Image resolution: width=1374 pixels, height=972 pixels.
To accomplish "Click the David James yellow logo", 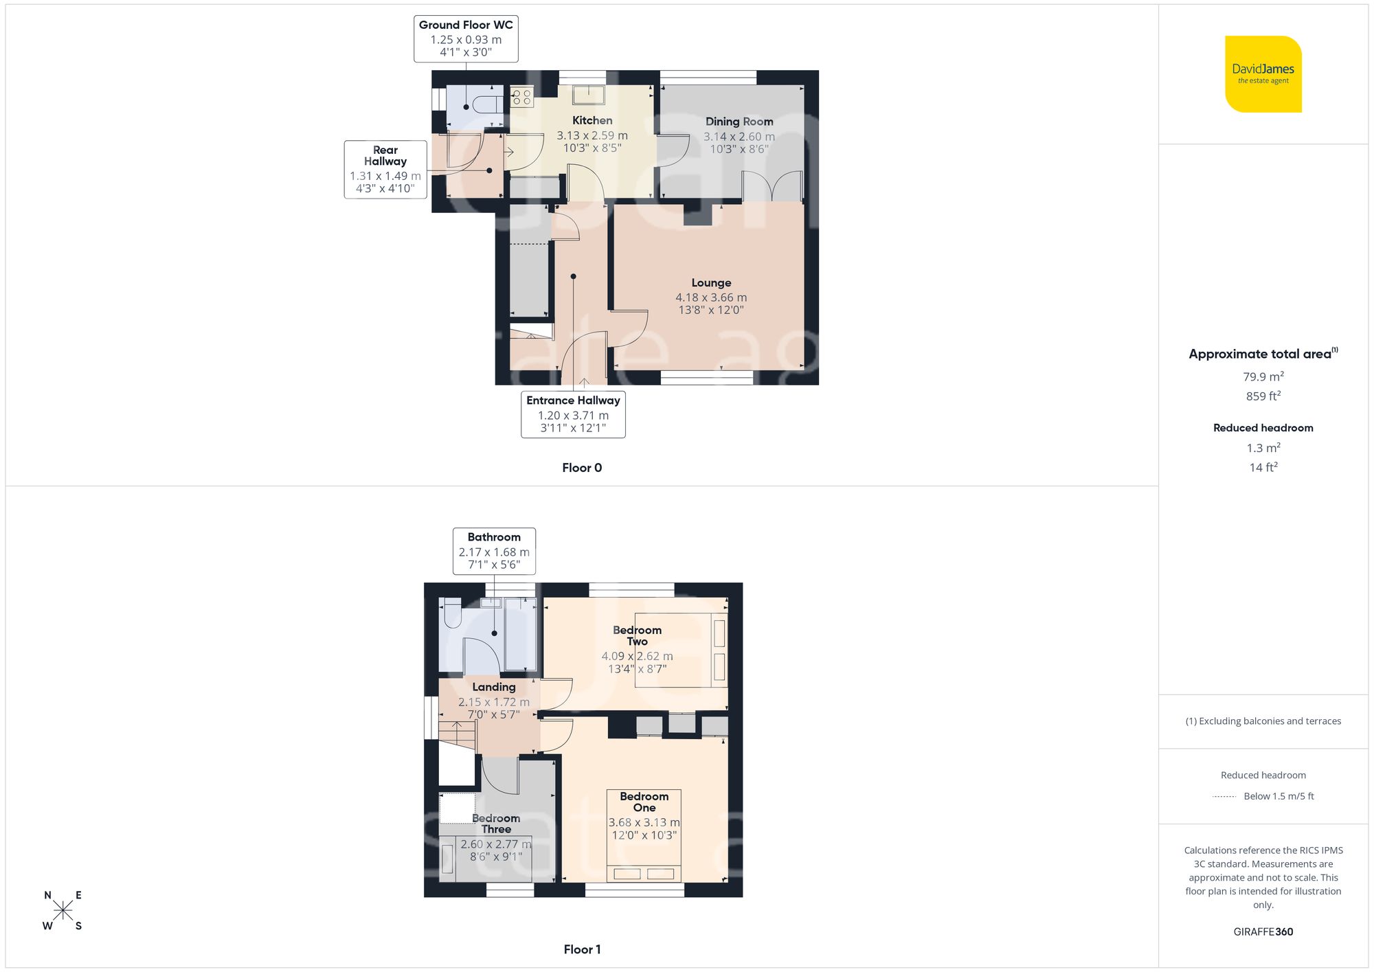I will tap(1263, 74).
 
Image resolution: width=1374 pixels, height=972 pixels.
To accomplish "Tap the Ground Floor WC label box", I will tap(466, 39).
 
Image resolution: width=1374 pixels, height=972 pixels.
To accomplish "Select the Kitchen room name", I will tap(592, 120).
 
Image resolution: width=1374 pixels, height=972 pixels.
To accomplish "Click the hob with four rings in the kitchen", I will tap(521, 97).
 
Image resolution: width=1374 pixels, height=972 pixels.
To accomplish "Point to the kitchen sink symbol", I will tap(589, 94).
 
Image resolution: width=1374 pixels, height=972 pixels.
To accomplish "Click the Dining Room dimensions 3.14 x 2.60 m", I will tap(739, 137).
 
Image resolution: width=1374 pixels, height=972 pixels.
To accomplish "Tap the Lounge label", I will tap(711, 283).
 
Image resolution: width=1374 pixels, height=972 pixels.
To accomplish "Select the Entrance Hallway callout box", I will tap(573, 414).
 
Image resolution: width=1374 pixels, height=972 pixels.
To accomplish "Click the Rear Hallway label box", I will tap(385, 169).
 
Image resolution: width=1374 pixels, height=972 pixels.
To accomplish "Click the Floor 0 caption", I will tap(582, 468).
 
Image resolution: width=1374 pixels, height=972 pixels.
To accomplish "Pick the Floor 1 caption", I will tap(582, 949).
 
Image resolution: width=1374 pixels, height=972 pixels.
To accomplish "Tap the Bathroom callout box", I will tap(494, 551).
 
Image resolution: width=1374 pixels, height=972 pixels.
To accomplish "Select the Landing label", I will tap(493, 687).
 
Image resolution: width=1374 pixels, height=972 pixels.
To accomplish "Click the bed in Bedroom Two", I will tap(680, 650).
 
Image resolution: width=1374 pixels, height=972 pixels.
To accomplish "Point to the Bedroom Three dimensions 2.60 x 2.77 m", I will tap(495, 844).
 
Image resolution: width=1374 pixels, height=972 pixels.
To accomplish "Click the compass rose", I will tap(63, 911).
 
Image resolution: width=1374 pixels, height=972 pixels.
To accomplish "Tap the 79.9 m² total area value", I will tap(1263, 376).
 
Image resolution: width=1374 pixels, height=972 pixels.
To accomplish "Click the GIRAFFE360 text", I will tap(1263, 932).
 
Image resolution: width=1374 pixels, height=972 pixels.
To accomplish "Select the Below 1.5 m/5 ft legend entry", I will tap(1278, 796).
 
